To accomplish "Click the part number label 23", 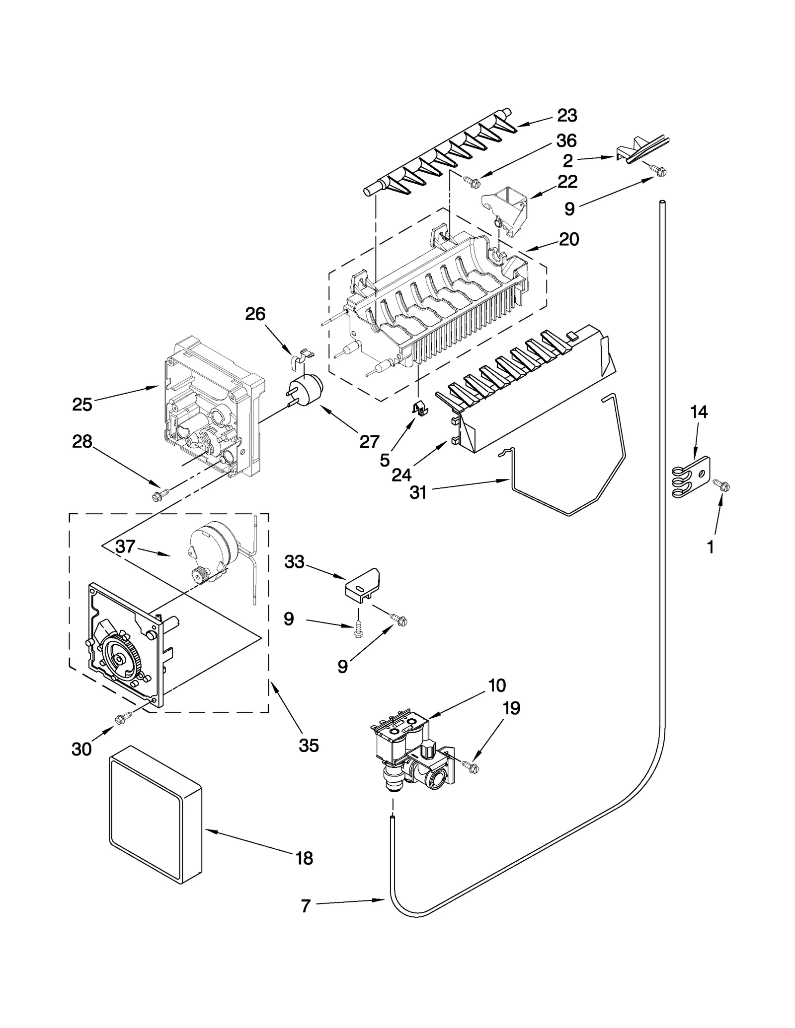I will click(x=566, y=116).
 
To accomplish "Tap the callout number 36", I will click(x=566, y=141).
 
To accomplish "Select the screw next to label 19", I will click(x=471, y=767).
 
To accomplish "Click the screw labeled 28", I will click(x=160, y=494).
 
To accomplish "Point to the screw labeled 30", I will click(x=122, y=718).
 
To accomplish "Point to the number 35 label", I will click(x=309, y=745).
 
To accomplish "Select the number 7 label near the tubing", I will click(x=306, y=906).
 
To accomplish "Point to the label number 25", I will click(x=82, y=405).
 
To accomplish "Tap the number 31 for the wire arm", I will click(x=418, y=493).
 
